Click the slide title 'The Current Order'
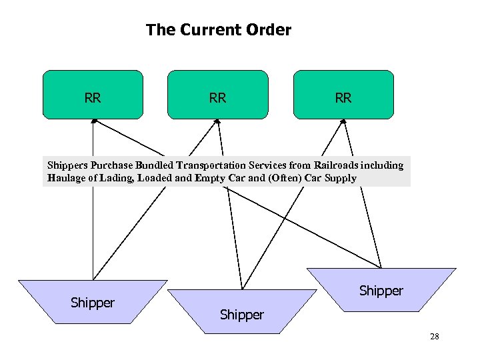(x=219, y=30)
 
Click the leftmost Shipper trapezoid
(x=93, y=303)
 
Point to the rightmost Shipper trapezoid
(x=381, y=291)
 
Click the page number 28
(x=434, y=337)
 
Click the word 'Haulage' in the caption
(x=66, y=178)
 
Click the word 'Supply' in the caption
(x=340, y=178)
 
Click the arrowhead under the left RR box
(x=94, y=121)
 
